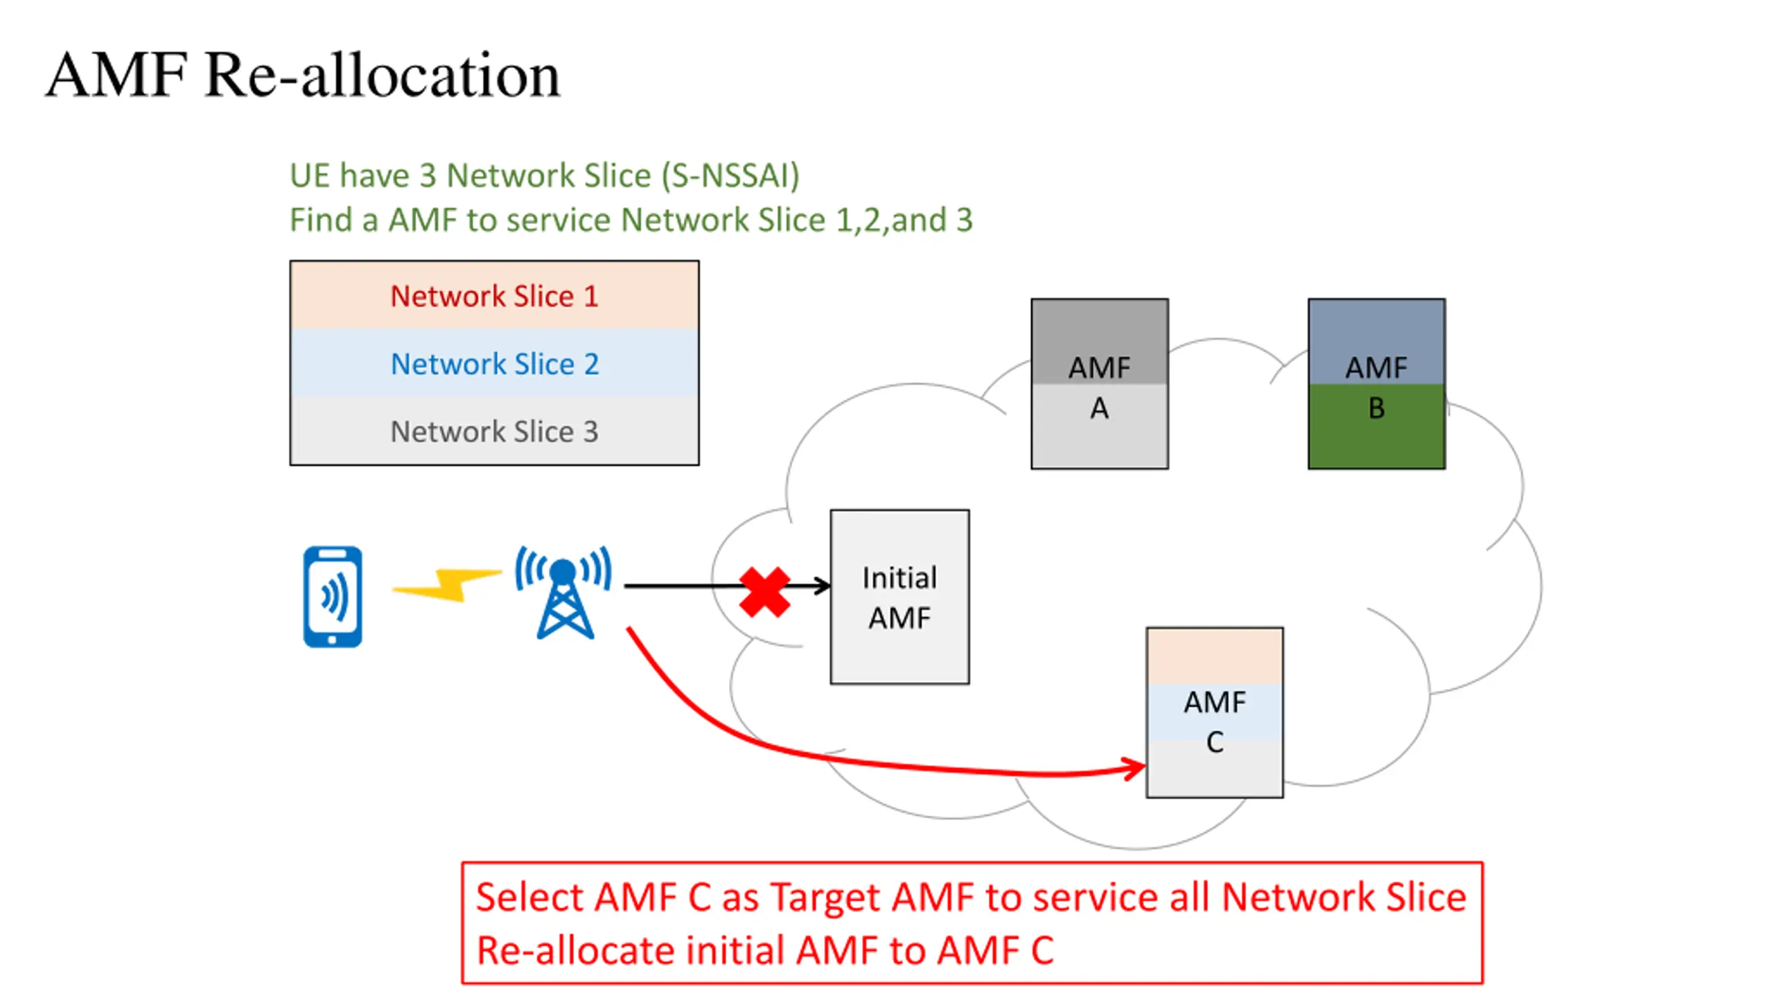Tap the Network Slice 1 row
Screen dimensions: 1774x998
494,295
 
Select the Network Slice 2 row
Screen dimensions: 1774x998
494,363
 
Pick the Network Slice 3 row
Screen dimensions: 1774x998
494,430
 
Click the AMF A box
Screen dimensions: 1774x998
1099,384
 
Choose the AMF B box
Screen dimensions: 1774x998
1376,384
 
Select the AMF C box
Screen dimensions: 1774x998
1214,712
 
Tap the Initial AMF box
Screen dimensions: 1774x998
899,597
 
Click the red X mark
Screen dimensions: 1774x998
764,592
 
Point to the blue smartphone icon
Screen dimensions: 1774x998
333,597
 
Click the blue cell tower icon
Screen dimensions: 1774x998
563,592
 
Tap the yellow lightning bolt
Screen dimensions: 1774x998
447,584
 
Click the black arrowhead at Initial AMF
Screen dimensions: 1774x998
823,586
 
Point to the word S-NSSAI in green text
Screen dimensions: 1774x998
730,175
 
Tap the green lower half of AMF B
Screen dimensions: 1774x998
1376,426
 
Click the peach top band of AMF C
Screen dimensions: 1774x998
1214,656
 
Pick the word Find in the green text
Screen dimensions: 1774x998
321,220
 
